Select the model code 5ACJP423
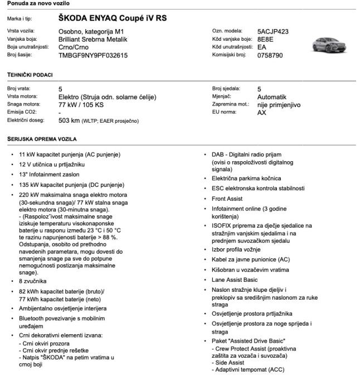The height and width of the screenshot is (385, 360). (x=273, y=32)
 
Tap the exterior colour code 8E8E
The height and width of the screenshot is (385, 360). (x=266, y=40)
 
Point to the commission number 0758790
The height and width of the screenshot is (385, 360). (x=270, y=55)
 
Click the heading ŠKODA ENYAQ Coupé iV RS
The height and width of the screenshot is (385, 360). (x=113, y=18)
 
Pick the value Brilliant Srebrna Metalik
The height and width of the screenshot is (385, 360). (x=93, y=40)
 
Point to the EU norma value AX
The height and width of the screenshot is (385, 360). (x=261, y=112)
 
